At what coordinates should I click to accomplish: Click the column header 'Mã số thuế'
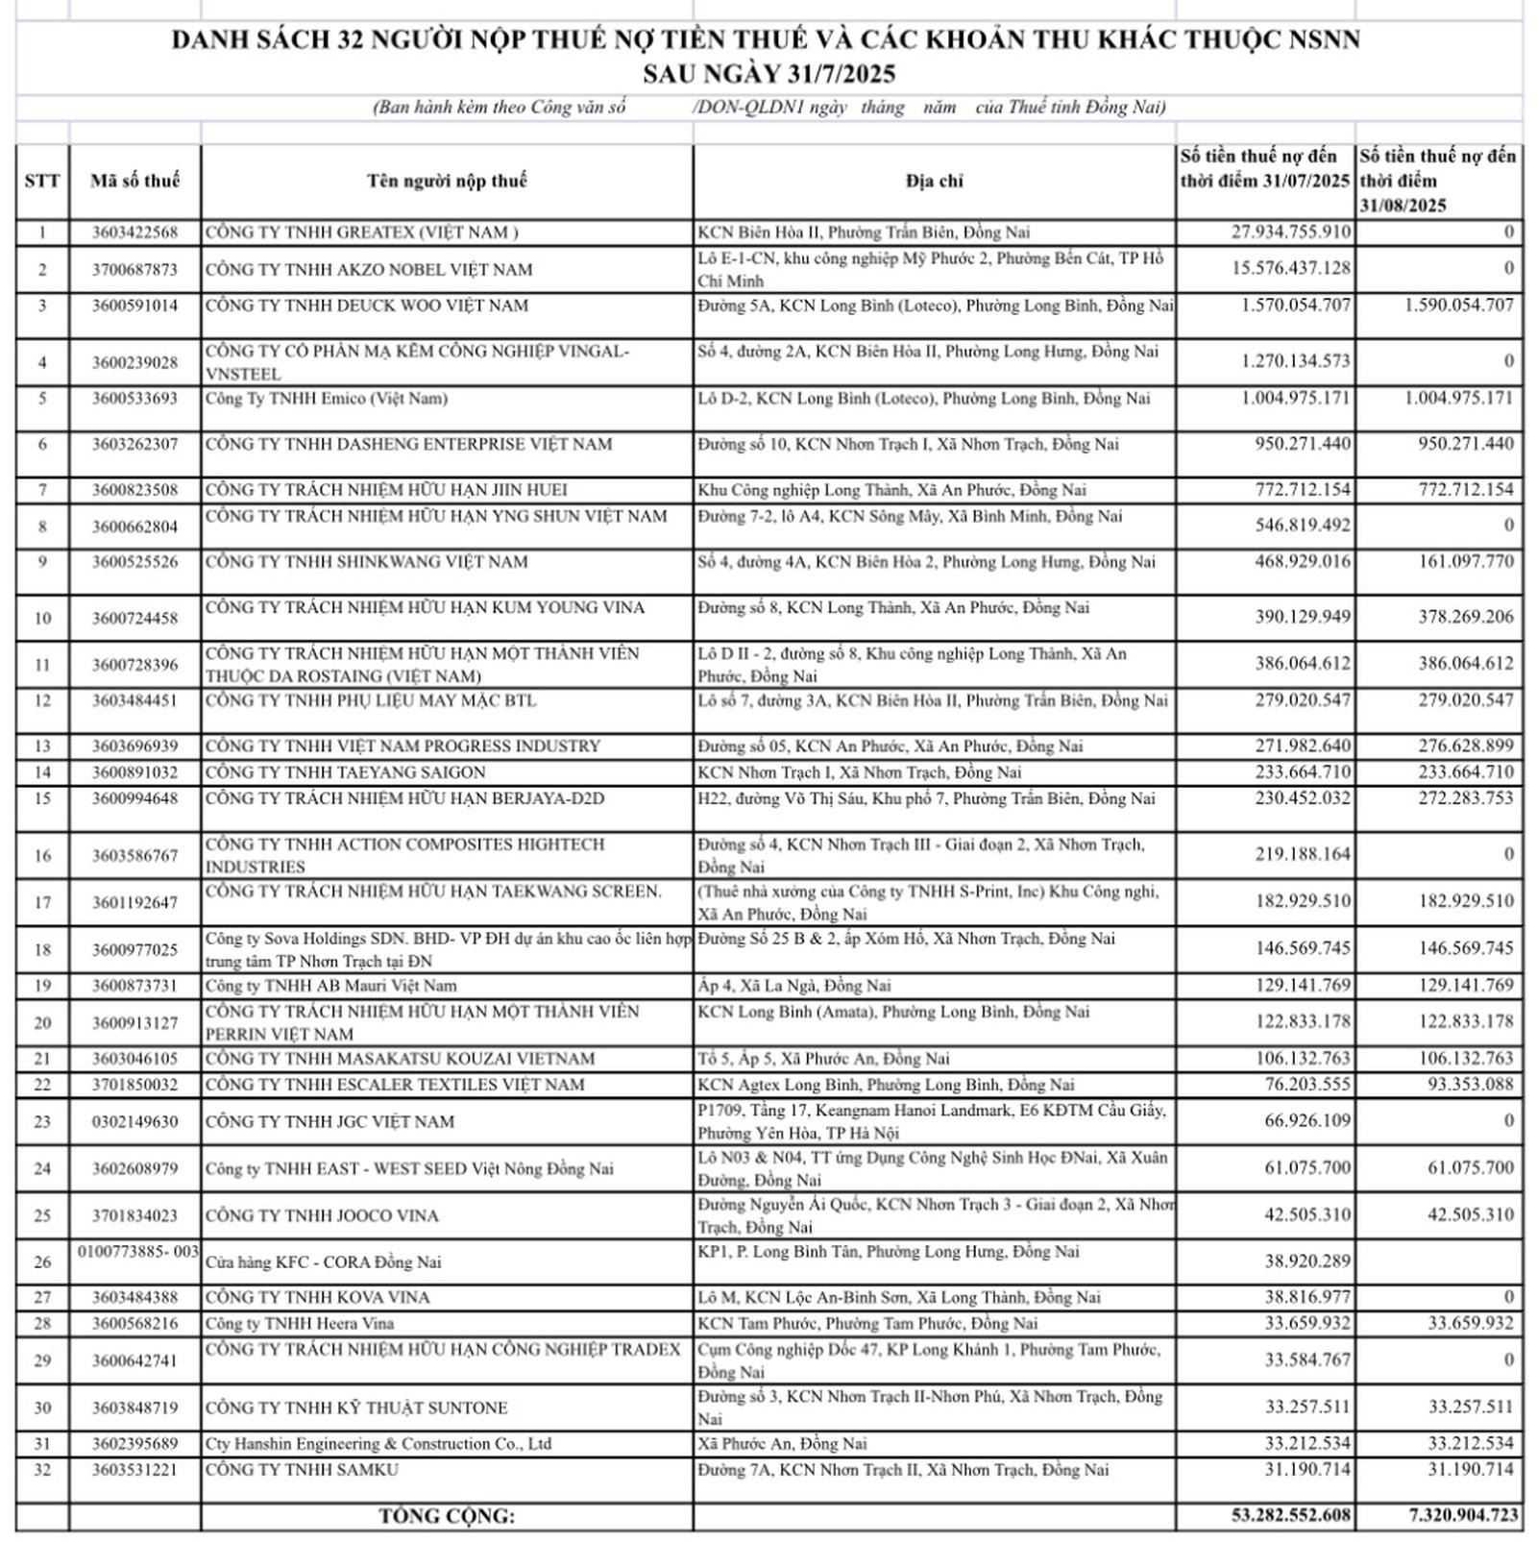pyautogui.click(x=134, y=181)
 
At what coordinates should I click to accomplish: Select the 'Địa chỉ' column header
pyautogui.click(x=934, y=181)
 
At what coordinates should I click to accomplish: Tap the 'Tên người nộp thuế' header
pyautogui.click(x=447, y=181)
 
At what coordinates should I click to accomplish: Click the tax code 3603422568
pyautogui.click(x=134, y=233)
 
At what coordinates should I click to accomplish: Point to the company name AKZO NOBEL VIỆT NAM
pyautogui.click(x=369, y=270)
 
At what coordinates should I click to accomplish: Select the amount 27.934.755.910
pyautogui.click(x=1290, y=233)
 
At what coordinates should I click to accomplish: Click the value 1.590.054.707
pyautogui.click(x=1458, y=306)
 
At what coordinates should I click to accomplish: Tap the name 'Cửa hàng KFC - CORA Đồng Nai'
pyautogui.click(x=323, y=1262)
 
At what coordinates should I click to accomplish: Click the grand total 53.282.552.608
pyautogui.click(x=1290, y=1515)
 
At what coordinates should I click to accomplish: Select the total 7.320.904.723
pyautogui.click(x=1463, y=1515)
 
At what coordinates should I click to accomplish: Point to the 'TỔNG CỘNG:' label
pyautogui.click(x=447, y=1516)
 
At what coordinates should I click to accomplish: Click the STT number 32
pyautogui.click(x=42, y=1470)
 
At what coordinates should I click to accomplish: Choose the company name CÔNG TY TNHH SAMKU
pyautogui.click(x=302, y=1470)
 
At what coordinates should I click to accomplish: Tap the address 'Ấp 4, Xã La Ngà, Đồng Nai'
pyautogui.click(x=794, y=986)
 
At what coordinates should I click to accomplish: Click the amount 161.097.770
pyautogui.click(x=1465, y=561)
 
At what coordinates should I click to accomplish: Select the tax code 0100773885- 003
pyautogui.click(x=138, y=1251)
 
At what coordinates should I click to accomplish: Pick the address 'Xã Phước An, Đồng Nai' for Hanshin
pyautogui.click(x=783, y=1444)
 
